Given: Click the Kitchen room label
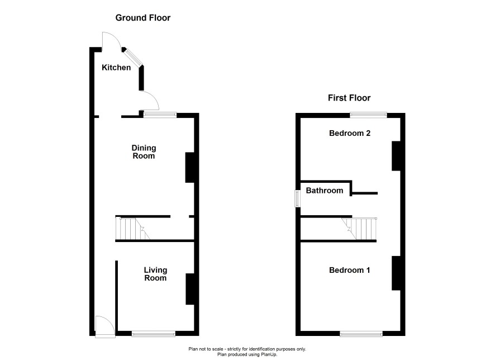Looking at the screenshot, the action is pyautogui.click(x=116, y=68).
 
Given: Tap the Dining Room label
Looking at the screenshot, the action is pyautogui.click(x=144, y=152).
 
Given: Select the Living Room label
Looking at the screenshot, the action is pyautogui.click(x=155, y=274).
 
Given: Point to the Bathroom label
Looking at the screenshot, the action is pyautogui.click(x=325, y=191).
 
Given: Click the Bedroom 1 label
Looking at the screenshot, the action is pyautogui.click(x=350, y=271).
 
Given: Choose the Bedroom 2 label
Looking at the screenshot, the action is pyautogui.click(x=350, y=133).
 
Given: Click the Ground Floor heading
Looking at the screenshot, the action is pyautogui.click(x=143, y=18).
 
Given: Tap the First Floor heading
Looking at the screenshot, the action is pyautogui.click(x=349, y=98).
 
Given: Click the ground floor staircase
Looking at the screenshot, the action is pyautogui.click(x=132, y=229).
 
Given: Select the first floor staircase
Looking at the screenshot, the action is pyautogui.click(x=359, y=229).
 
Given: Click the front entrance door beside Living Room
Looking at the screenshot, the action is pyautogui.click(x=105, y=327).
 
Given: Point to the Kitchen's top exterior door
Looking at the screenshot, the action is pyautogui.click(x=111, y=41).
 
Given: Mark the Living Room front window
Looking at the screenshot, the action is pyautogui.click(x=154, y=334).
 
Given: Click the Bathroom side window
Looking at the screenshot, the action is pyautogui.click(x=297, y=198).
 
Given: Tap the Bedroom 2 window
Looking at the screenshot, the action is pyautogui.click(x=368, y=115).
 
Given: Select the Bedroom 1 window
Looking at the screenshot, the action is pyautogui.click(x=361, y=334).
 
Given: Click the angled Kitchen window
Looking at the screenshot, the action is pyautogui.click(x=133, y=58).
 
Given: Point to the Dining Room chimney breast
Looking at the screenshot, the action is pyautogui.click(x=190, y=167).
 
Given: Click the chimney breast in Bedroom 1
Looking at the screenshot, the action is pyautogui.click(x=396, y=273).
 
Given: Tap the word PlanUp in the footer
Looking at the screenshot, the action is pyautogui.click(x=268, y=354).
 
